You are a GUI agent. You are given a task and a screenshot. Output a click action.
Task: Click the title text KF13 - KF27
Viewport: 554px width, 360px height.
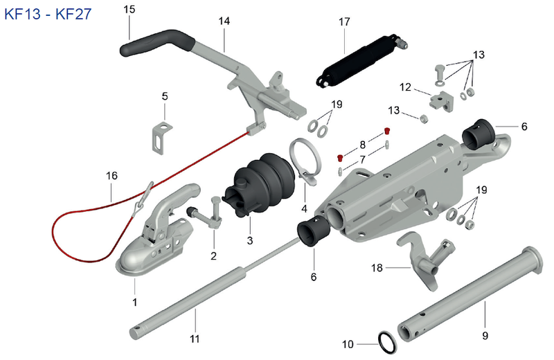point(48,14)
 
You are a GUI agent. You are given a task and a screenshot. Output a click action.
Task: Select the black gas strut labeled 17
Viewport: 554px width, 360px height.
point(361,60)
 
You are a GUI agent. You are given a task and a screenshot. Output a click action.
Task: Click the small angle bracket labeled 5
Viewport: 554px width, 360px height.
point(162,138)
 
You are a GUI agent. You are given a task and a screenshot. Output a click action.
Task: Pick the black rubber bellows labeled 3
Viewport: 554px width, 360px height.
point(260,183)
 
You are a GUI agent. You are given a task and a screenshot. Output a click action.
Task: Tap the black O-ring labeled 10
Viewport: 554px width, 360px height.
point(388,342)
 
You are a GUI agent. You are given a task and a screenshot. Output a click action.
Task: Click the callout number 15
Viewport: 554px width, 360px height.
point(129,9)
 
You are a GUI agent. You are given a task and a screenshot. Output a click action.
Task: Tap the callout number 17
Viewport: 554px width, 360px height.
point(344,22)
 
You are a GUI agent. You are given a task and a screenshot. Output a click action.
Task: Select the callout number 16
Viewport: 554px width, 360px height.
point(111,176)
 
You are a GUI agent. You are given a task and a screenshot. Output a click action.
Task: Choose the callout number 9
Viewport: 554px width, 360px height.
point(485,335)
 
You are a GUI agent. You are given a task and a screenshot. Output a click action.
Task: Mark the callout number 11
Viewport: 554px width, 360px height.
point(195,339)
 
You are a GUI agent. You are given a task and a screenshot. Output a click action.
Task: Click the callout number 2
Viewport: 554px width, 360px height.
point(213,255)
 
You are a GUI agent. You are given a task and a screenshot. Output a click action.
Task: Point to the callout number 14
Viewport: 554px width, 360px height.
point(224,21)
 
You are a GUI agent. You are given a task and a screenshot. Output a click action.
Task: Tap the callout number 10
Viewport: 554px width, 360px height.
point(348,344)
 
